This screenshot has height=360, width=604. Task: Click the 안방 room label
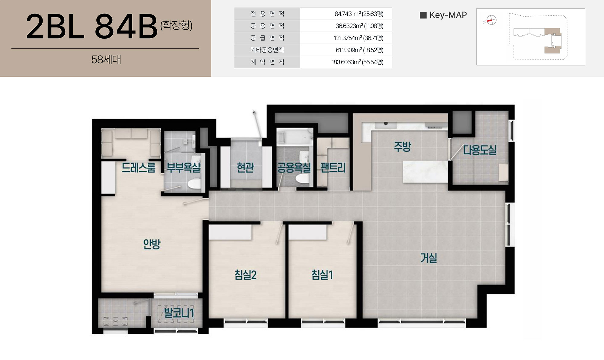click(x=152, y=244)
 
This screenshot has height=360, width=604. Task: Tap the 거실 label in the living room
click(x=429, y=258)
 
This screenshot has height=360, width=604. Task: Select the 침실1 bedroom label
click(x=322, y=275)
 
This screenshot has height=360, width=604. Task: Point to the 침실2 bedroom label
click(x=245, y=275)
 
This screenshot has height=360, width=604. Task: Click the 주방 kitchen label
click(x=402, y=146)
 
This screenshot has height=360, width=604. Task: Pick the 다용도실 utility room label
click(x=480, y=150)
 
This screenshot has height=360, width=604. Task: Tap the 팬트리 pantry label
click(x=333, y=167)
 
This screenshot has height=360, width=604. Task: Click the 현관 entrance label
click(x=246, y=167)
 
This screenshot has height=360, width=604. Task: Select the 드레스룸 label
click(x=139, y=167)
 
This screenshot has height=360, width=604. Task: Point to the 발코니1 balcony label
click(x=179, y=313)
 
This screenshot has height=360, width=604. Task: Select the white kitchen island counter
click(x=425, y=171)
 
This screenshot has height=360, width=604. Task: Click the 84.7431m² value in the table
click(x=359, y=14)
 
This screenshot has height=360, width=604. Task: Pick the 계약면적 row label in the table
click(x=267, y=62)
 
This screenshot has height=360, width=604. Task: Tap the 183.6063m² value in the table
click(x=357, y=62)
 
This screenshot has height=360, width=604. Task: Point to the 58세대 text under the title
click(x=106, y=60)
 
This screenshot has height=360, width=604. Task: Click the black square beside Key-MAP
click(x=423, y=15)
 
